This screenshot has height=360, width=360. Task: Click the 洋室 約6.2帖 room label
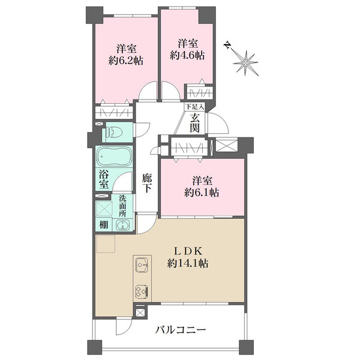pos(126,55)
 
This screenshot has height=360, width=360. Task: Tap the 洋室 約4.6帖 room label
pos(187,49)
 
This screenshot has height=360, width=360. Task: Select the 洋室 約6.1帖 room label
pos(202,187)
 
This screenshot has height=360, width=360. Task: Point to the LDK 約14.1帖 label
pos(188,257)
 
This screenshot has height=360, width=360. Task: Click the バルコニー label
pos(181,330)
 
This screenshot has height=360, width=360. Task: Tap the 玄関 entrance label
pos(194,123)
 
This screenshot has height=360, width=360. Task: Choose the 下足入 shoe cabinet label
pos(194,107)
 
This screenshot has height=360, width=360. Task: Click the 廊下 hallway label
pos(147,183)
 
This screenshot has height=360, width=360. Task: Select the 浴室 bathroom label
pos(104,179)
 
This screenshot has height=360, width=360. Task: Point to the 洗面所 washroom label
pos(122,206)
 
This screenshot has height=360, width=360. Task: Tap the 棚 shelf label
pos(104,225)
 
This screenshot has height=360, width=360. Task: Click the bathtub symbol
pos(114,157)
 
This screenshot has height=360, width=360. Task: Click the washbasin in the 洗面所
pos(122,224)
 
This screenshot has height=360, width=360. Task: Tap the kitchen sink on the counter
pos(142,265)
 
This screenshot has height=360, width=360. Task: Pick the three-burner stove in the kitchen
pos(142,292)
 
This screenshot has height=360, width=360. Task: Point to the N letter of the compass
pos(227,45)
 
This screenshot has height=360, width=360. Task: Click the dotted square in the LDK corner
pos(106,244)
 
